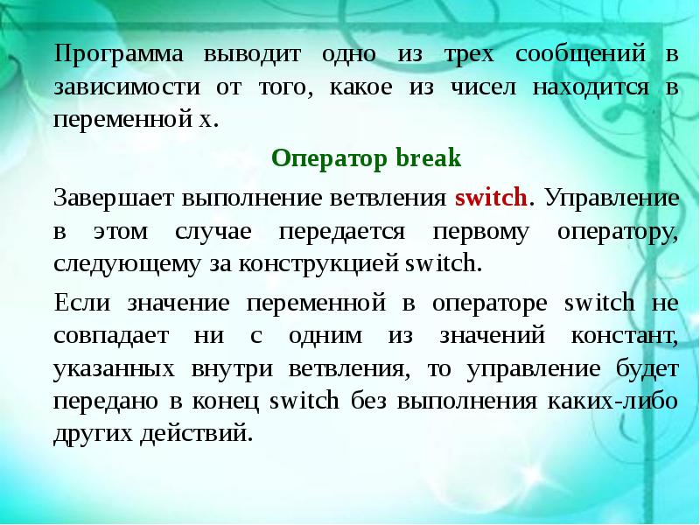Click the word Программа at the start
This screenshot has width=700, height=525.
point(108,54)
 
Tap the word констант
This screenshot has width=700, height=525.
point(627,335)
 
